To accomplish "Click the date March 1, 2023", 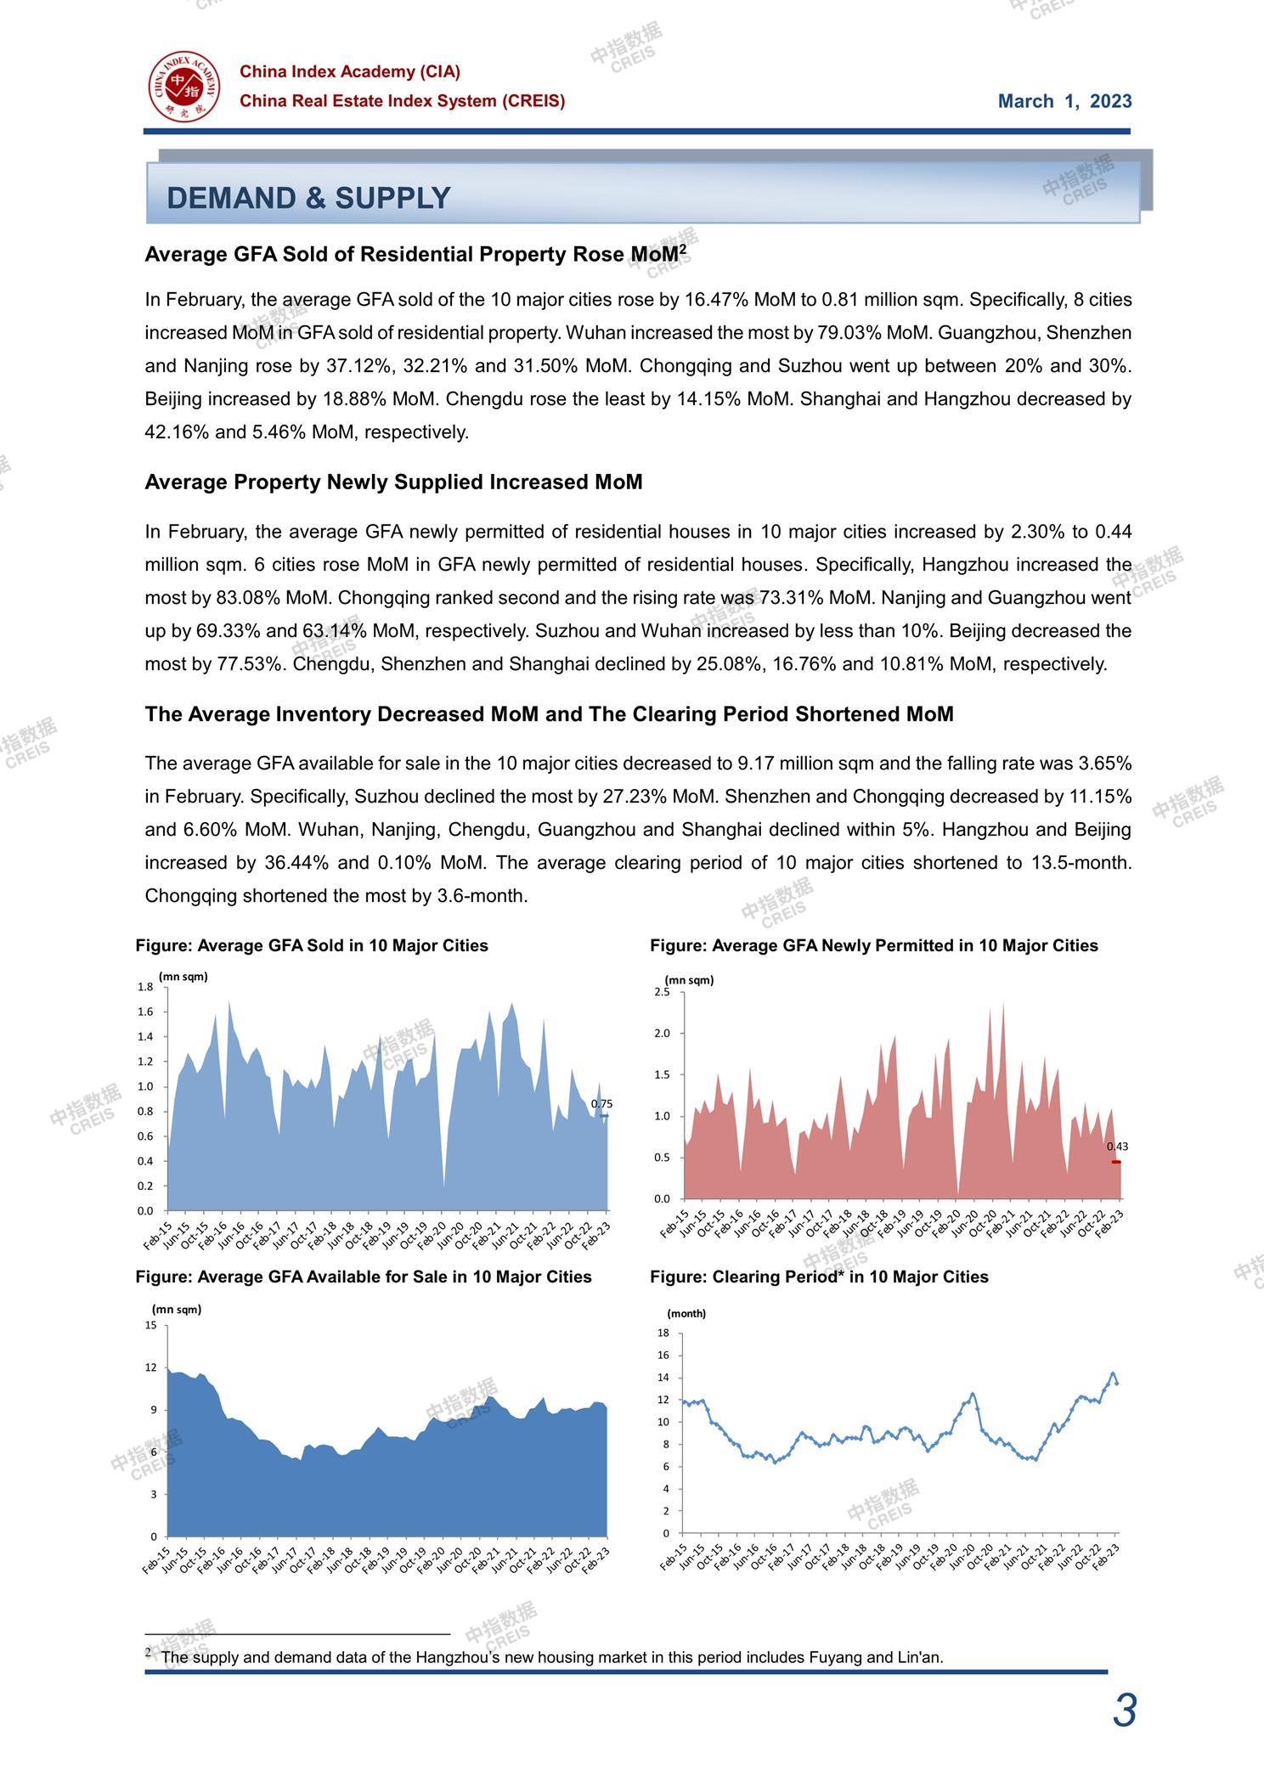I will point(1064,102).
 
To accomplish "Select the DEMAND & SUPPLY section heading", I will point(308,198).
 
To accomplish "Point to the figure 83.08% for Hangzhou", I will point(245,598).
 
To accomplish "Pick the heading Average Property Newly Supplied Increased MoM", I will point(393,482).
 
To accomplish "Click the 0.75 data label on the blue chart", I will point(601,1104).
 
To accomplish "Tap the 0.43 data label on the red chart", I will point(1117,1147).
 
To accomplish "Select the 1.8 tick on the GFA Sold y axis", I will point(145,987).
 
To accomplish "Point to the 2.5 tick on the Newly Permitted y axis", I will point(662,992).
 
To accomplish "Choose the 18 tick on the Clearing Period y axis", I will point(663,1333).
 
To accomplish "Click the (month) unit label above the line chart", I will point(686,1314).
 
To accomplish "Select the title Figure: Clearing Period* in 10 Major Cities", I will point(819,1277).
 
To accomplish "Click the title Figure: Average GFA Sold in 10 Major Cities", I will point(312,946).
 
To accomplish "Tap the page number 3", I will point(1124,1711).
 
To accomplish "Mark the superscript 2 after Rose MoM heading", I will point(682,249).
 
